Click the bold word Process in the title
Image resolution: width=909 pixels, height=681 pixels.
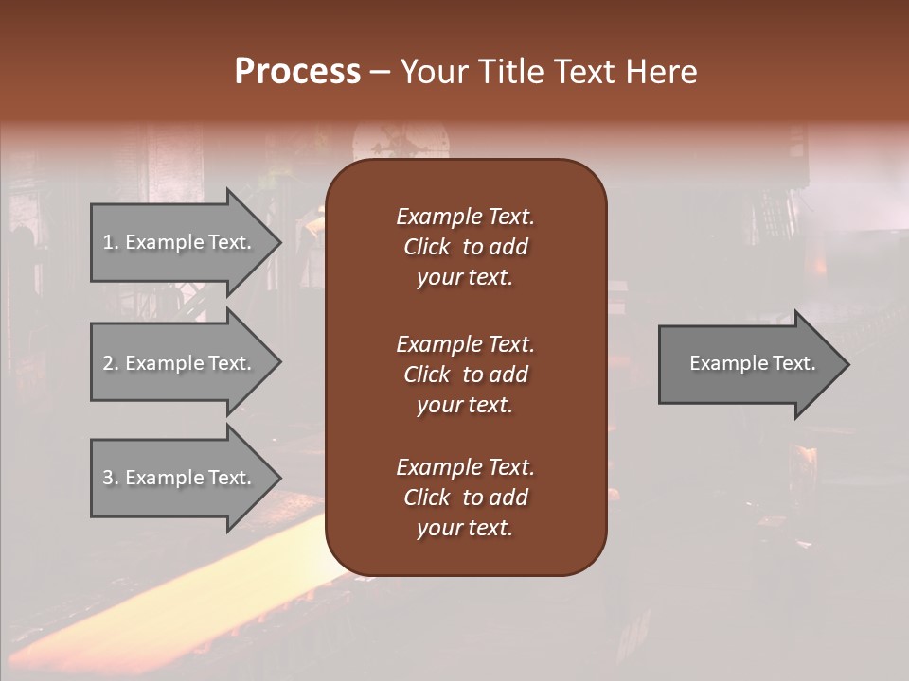[297, 72]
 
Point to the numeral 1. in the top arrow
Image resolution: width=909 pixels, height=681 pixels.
[110, 242]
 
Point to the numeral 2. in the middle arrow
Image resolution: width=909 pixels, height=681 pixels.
[110, 363]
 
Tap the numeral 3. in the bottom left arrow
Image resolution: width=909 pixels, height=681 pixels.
[110, 478]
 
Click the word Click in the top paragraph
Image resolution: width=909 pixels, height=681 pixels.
[427, 247]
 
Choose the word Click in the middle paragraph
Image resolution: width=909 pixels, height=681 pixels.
[427, 375]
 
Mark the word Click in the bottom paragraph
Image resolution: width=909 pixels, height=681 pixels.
[427, 498]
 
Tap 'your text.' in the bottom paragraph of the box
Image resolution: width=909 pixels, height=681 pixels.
[465, 529]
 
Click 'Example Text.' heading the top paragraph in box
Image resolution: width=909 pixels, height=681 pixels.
[465, 217]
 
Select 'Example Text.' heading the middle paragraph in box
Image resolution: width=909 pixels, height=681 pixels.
[465, 344]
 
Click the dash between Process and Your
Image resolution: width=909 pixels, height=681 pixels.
[380, 73]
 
